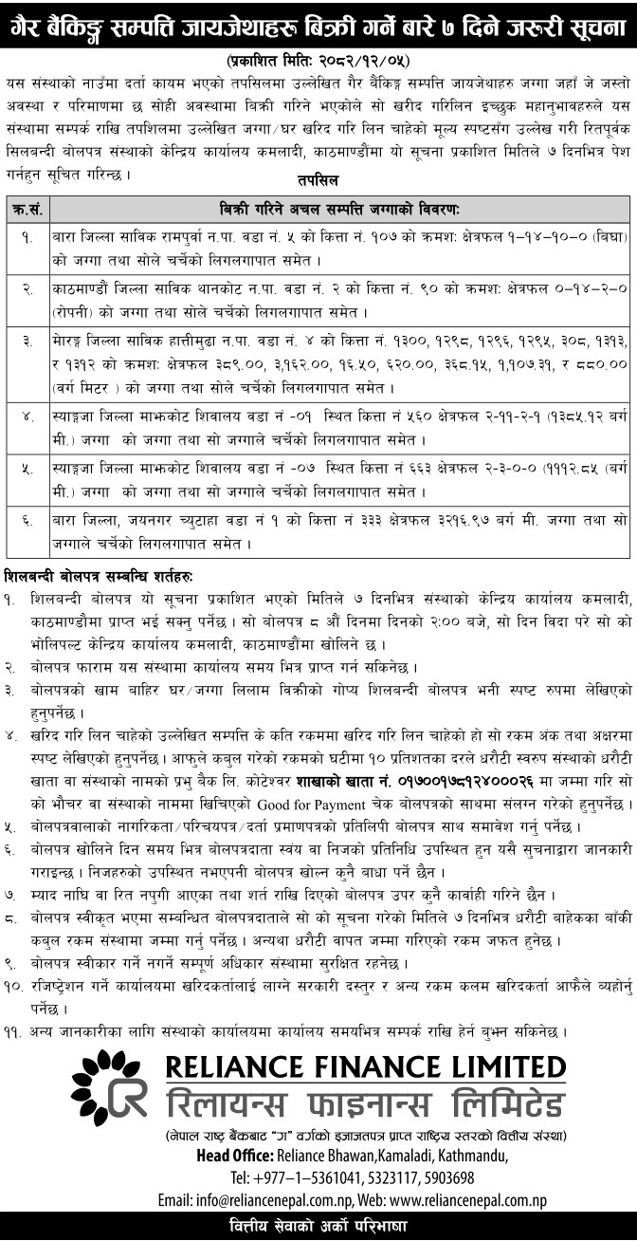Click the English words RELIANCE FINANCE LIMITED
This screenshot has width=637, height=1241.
point(364,1066)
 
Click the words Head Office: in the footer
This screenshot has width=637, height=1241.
point(234,1154)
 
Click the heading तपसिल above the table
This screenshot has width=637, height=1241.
point(319,179)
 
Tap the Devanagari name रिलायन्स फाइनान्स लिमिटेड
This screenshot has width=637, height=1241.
point(364,1102)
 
